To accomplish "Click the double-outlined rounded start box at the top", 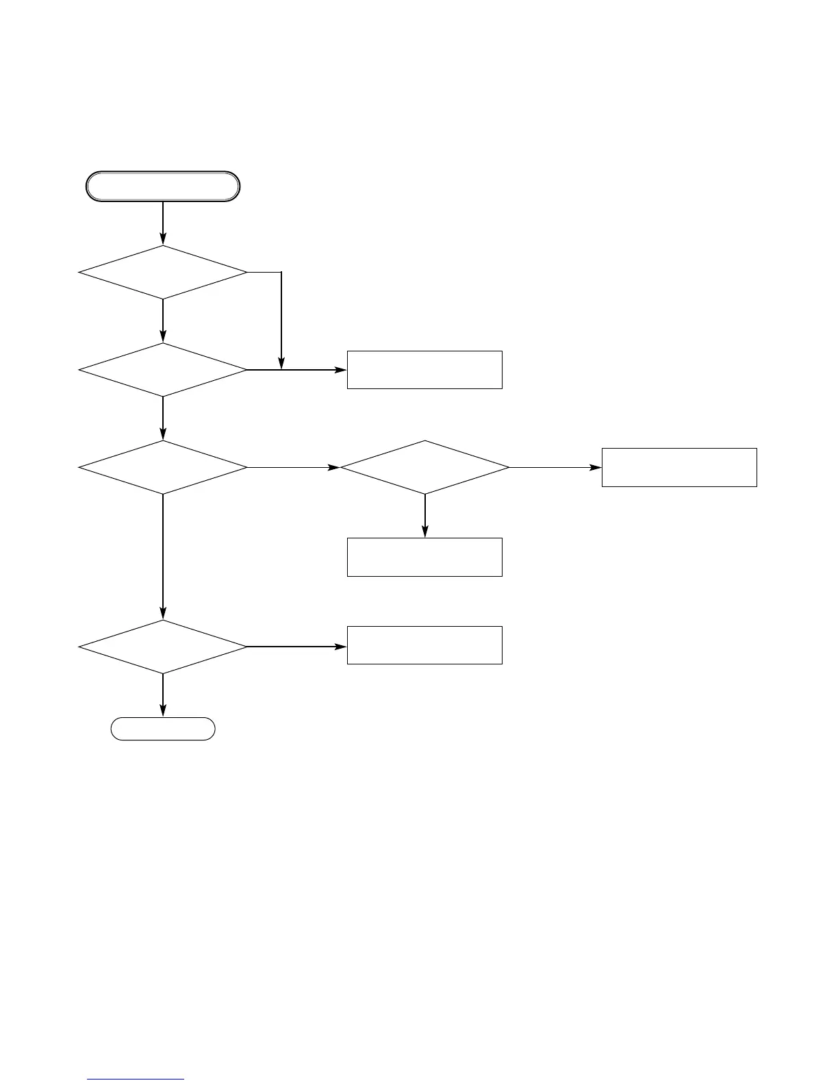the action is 163,186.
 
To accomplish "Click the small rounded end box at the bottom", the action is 163,729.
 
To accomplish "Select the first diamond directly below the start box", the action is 163,273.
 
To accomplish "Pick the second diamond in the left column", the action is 163,370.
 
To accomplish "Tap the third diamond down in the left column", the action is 163,467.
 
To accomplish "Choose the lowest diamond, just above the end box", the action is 163,647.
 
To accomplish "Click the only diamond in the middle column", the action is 424,467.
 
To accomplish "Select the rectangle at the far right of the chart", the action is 679,467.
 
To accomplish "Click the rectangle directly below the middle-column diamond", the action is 424,557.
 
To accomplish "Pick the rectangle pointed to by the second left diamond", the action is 424,370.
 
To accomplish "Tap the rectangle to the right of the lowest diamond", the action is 424,645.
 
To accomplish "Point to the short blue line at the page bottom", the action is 136,1080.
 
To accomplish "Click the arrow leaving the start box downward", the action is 163,223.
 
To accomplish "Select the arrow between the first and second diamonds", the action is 163,321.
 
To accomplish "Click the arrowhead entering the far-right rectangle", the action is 596,467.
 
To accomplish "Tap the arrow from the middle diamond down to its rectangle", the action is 424,516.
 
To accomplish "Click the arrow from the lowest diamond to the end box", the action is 163,695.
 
